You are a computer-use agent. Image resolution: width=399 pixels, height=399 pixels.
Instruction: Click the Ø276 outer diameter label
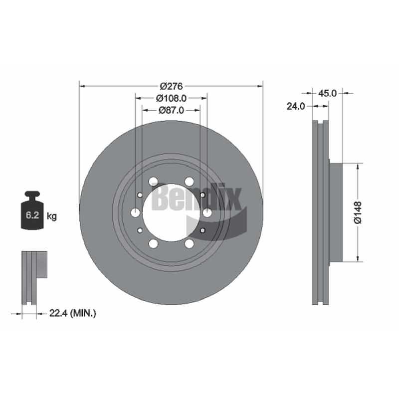coord(171,86)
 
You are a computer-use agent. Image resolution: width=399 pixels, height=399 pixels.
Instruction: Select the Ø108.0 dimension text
coord(171,98)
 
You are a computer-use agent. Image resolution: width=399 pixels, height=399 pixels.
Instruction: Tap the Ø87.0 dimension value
coord(171,110)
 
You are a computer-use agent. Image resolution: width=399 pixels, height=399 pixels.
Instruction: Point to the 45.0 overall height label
coord(327,93)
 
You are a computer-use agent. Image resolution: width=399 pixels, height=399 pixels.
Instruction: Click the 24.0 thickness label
coord(296,106)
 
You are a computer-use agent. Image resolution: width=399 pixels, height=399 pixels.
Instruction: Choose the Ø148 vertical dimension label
coord(358,212)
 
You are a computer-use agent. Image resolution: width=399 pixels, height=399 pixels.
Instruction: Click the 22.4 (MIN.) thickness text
coord(72,313)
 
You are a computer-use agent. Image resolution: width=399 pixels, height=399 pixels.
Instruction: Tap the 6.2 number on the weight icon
coord(32,215)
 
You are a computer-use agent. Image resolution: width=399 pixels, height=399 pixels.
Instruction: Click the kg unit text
coord(52,216)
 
